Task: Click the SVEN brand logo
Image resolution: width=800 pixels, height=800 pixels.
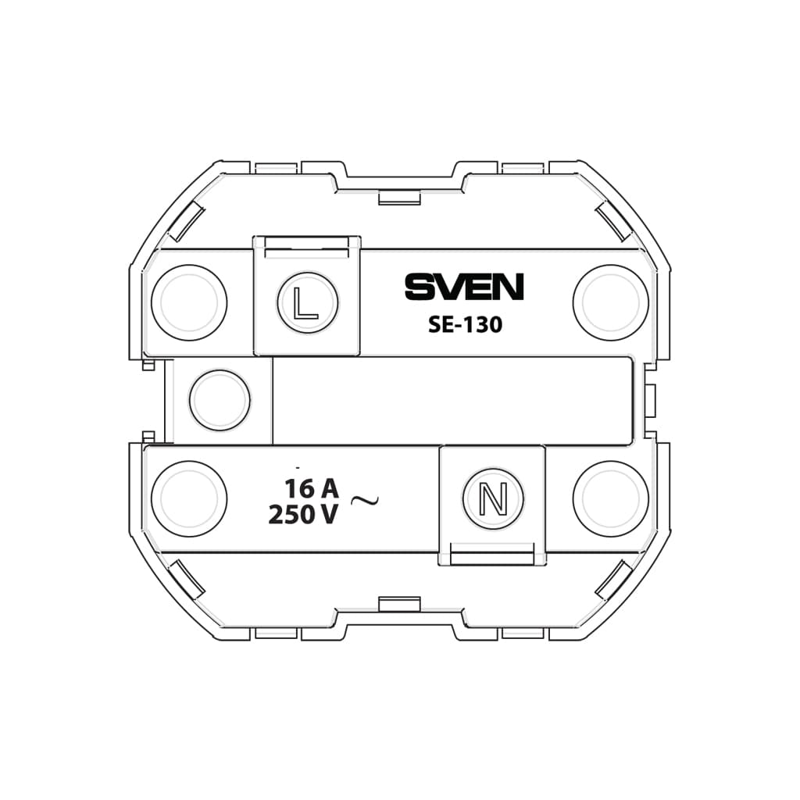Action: tap(464, 287)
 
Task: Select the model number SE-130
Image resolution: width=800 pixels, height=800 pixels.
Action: tap(466, 324)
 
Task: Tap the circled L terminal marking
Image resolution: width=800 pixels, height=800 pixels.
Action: tap(308, 303)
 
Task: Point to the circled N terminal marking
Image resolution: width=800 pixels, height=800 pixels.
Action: tap(494, 498)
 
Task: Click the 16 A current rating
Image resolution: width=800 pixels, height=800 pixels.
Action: tap(311, 488)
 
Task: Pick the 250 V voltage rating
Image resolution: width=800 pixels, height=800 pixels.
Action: tap(303, 514)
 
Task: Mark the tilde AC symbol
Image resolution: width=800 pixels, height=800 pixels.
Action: tap(365, 501)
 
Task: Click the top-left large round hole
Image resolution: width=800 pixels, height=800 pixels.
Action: tap(189, 302)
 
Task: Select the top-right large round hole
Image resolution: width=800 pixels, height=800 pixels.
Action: tap(611, 302)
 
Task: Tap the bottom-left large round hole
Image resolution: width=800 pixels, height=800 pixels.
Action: tap(189, 498)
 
